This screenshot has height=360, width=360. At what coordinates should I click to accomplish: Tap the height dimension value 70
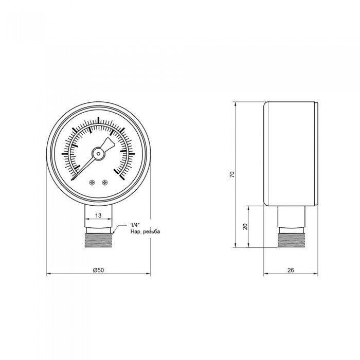click(x=232, y=175)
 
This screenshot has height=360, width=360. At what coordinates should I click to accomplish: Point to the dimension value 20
click(x=245, y=226)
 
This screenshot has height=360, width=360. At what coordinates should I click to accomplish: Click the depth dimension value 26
click(x=291, y=269)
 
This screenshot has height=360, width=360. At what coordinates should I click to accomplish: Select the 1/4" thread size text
click(x=135, y=225)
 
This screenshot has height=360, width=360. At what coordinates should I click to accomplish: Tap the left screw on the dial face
click(x=92, y=182)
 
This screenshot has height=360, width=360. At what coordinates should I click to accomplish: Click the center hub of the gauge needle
click(x=98, y=153)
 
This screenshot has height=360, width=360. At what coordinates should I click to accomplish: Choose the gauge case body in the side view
click(x=291, y=154)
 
